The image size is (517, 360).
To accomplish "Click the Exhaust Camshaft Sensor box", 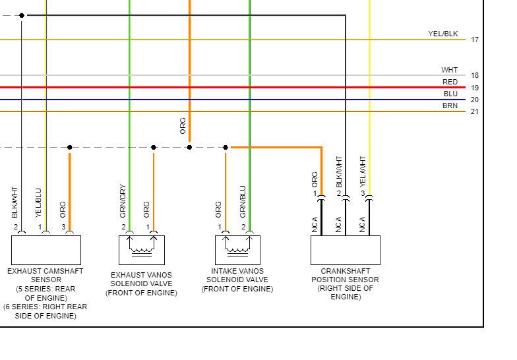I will (x=46, y=250).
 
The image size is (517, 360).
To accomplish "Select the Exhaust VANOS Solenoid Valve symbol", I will (x=141, y=250).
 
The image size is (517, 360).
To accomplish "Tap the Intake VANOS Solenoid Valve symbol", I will (x=237, y=250).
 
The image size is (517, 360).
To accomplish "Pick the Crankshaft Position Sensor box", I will (x=345, y=250).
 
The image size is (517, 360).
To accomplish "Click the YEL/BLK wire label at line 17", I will (x=442, y=34).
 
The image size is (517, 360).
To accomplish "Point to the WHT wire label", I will (x=449, y=70).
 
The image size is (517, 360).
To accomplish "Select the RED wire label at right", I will (x=450, y=82).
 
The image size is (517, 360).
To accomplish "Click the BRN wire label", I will (x=450, y=105).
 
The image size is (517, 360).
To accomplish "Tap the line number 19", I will (x=475, y=88).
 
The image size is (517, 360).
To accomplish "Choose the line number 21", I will (x=475, y=111).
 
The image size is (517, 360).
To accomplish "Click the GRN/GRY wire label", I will (x=123, y=200).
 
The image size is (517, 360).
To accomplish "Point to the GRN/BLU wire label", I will (x=243, y=202).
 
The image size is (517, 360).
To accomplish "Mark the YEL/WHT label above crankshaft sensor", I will (x=362, y=171).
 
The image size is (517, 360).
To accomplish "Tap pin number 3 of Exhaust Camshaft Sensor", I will (x=64, y=227).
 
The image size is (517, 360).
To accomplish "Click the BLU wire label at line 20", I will (x=450, y=94).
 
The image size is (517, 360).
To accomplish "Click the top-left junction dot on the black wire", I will (x=22, y=15).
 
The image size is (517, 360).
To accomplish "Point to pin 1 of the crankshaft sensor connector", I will (x=315, y=193).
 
